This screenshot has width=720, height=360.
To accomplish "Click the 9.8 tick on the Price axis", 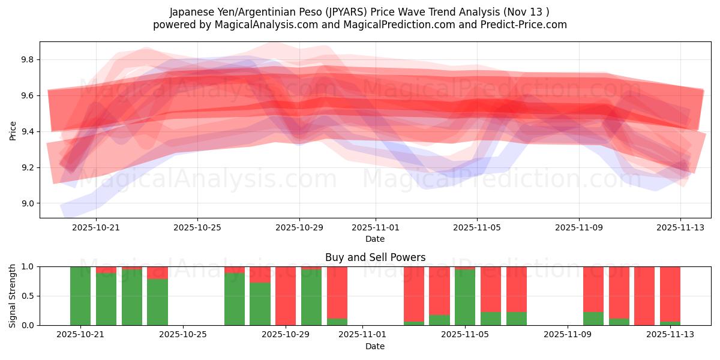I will click(x=28, y=60).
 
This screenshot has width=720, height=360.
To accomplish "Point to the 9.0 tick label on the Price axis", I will click(x=28, y=204).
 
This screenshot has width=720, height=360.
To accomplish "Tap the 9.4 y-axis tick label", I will click(x=28, y=132).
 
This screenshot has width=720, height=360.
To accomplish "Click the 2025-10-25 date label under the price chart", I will click(x=198, y=228).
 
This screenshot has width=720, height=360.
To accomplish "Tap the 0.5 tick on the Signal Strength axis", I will click(x=28, y=296).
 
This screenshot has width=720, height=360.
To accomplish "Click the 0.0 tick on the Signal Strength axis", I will click(x=28, y=326).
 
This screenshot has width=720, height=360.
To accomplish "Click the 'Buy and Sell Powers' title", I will click(x=375, y=257).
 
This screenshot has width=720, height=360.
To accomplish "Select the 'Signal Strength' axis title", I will click(x=13, y=296).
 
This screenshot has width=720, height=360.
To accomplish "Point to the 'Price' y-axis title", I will click(x=13, y=130).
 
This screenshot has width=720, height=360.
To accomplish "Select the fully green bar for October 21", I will click(x=80, y=296).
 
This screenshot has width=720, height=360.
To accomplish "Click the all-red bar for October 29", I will click(x=286, y=296).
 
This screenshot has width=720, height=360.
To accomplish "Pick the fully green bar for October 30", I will click(x=311, y=296).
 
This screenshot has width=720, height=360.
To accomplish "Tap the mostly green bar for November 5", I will click(x=465, y=298).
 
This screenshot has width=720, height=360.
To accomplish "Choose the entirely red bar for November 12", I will click(x=644, y=296).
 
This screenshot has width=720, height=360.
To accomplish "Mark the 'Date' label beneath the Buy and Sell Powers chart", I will click(x=375, y=346).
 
